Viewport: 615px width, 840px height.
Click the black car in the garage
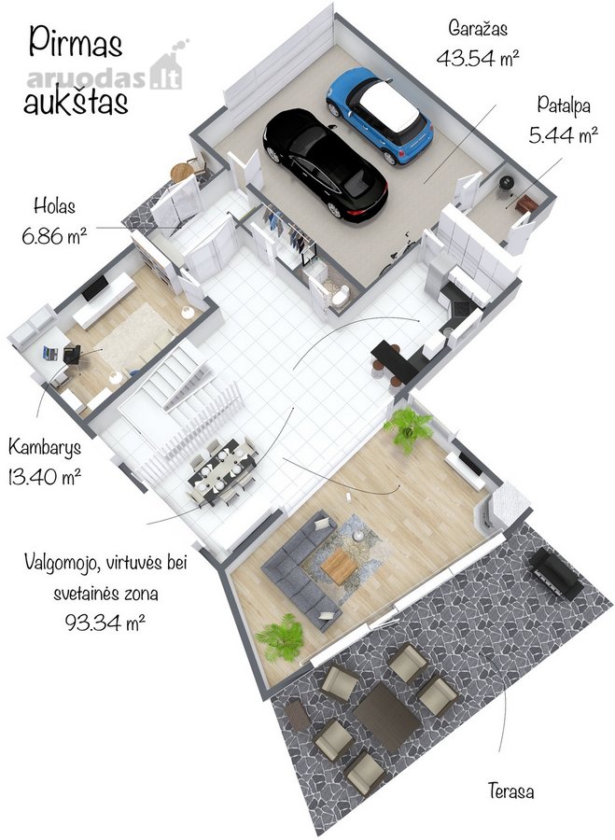[x=325, y=164]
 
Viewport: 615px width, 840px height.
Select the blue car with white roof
[x=380, y=115]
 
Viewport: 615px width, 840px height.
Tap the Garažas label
[x=478, y=28]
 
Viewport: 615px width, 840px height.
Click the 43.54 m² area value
[x=478, y=57]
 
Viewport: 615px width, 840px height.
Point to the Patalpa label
[x=564, y=105]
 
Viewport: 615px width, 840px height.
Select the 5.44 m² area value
[x=563, y=135]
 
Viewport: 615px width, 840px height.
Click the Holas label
[x=54, y=205]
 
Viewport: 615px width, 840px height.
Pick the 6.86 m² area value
[x=55, y=235]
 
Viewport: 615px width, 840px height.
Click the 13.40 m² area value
[x=45, y=476]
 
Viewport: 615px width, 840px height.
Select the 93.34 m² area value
[x=105, y=622]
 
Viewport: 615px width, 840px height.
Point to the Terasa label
[x=510, y=791]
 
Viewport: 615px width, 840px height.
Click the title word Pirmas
[x=76, y=43]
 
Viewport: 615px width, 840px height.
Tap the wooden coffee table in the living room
[x=339, y=566]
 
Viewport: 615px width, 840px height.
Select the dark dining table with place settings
[x=222, y=469]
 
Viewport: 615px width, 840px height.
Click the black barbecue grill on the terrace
[x=555, y=574]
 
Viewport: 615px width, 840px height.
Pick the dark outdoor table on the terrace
[x=386, y=716]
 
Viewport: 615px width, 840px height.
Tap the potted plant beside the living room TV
[x=409, y=428]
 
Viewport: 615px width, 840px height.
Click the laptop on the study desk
[x=50, y=353]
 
